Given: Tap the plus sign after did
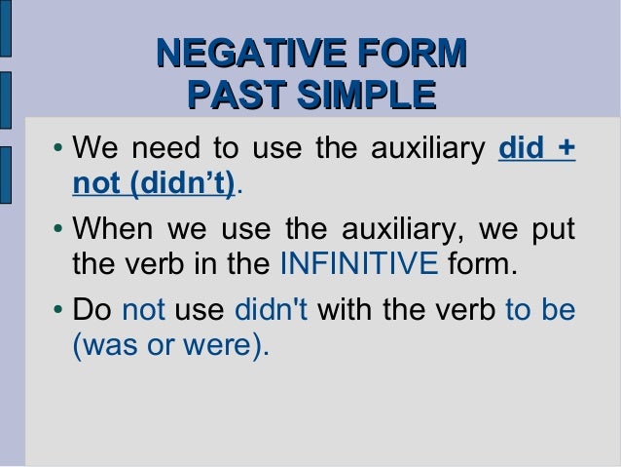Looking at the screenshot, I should (x=566, y=151).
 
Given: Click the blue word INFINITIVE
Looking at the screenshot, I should (x=358, y=264).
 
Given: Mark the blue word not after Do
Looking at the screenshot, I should (x=144, y=311).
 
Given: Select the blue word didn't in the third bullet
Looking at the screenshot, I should (x=272, y=311).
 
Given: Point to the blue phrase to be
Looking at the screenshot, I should (x=540, y=311).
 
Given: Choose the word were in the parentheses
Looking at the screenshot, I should (x=222, y=345).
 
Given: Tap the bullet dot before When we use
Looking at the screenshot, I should (x=58, y=232).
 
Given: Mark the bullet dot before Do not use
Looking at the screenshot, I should (x=58, y=313).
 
